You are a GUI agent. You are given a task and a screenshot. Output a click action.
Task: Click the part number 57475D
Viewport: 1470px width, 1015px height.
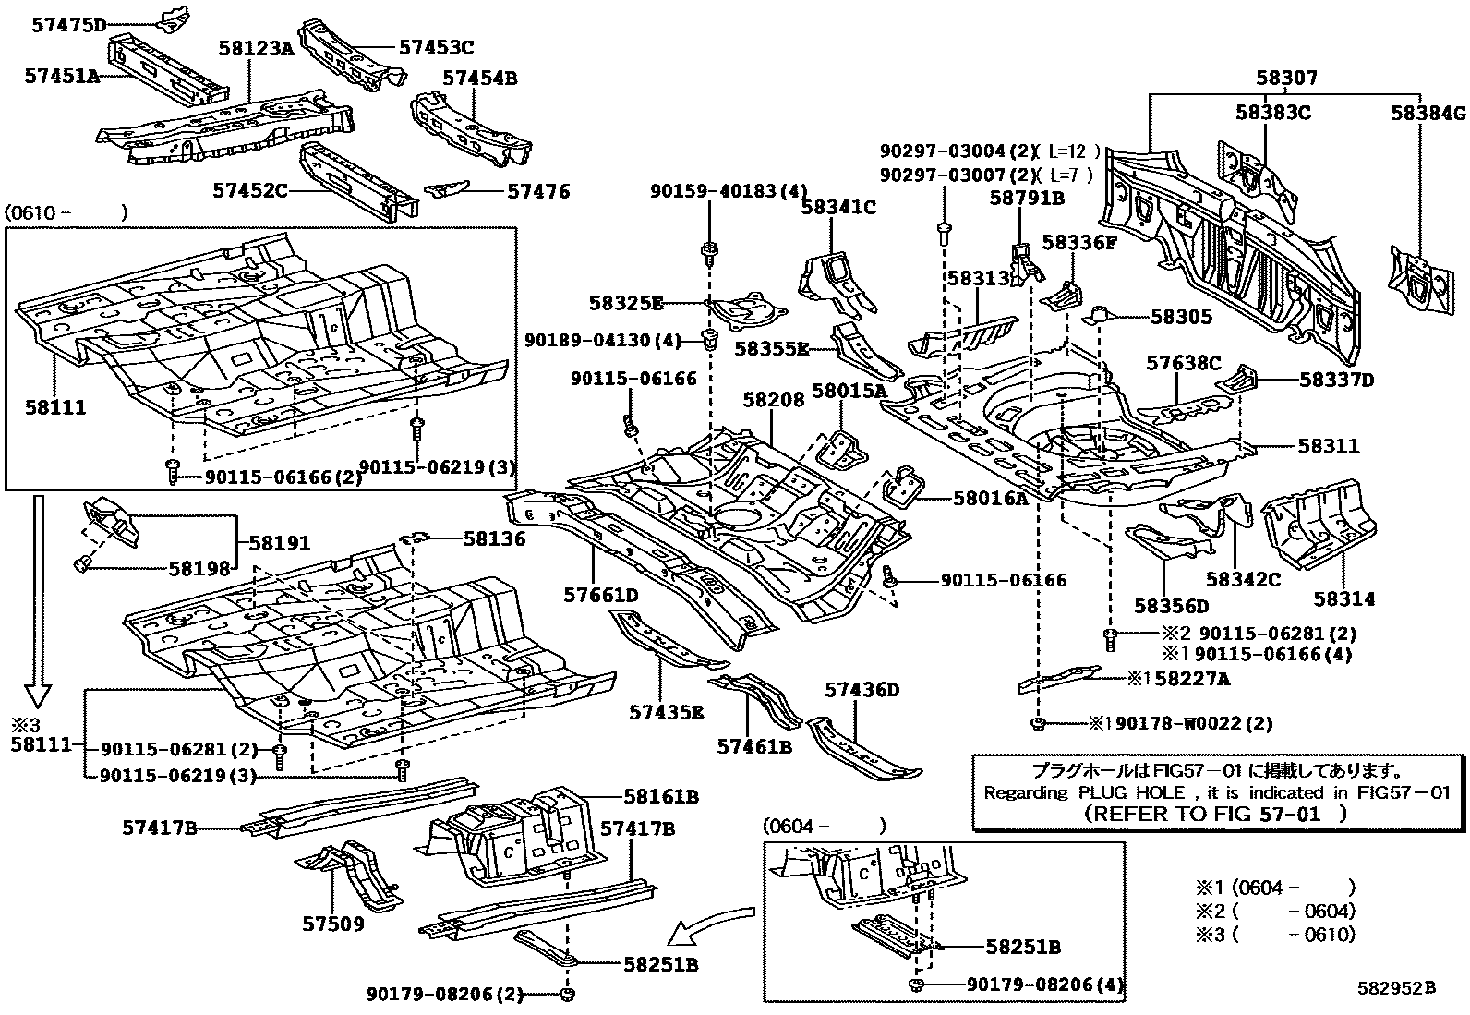[69, 25]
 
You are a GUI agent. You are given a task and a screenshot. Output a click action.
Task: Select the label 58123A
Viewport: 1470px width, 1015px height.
[256, 48]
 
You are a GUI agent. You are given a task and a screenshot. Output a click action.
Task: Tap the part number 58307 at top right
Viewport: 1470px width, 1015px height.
[1286, 78]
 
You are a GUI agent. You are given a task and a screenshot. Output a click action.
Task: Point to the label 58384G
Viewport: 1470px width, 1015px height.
[1428, 113]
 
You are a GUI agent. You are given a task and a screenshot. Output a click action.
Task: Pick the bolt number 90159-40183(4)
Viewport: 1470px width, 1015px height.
[729, 191]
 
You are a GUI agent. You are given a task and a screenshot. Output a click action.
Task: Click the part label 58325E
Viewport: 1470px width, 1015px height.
[626, 303]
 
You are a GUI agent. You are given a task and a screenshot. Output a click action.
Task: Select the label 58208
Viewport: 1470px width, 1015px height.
[773, 399]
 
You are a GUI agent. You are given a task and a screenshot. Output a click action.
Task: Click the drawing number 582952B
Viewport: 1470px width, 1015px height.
[1396, 987]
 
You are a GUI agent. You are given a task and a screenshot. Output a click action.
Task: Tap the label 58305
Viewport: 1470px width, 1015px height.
[1181, 316]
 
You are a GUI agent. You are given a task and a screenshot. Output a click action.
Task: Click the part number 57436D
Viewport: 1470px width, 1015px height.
[862, 690]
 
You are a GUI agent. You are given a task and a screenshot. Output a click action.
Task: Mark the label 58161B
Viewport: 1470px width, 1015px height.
[660, 796]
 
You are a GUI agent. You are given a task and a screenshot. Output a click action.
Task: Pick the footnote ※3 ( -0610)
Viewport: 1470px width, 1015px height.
[1275, 934]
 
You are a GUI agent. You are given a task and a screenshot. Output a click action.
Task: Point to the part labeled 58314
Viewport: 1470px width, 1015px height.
[1343, 599]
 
